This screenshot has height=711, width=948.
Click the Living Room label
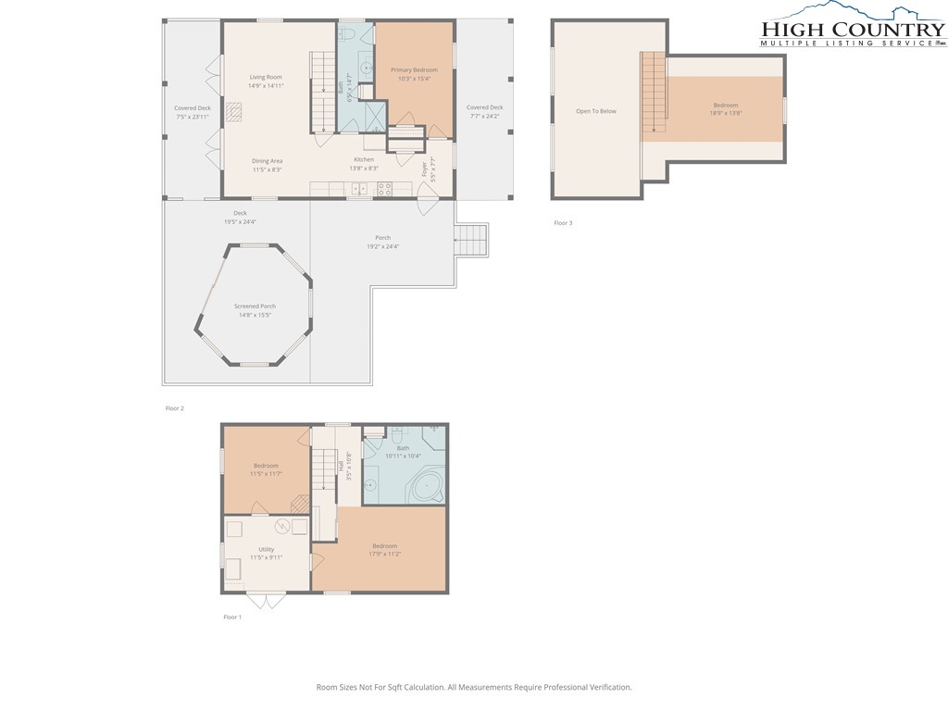[266, 77]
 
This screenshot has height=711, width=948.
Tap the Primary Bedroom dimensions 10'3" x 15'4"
[414, 78]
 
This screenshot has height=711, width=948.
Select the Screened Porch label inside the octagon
[255, 306]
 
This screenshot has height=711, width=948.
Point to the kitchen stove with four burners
[383, 189]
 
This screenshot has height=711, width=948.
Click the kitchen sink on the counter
[358, 189]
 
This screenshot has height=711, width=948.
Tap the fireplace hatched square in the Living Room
[236, 113]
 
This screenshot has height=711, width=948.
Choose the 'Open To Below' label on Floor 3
[595, 111]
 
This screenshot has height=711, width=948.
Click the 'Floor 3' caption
[563, 223]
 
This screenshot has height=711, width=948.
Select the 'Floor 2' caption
[175, 408]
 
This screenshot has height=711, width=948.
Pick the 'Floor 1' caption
[232, 617]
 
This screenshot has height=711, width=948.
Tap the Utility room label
[266, 549]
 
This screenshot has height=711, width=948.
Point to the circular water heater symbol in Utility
[300, 526]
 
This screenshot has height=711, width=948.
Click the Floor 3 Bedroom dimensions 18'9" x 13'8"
[725, 113]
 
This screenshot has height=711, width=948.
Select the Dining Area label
[267, 161]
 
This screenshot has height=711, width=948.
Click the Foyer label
[425, 169]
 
